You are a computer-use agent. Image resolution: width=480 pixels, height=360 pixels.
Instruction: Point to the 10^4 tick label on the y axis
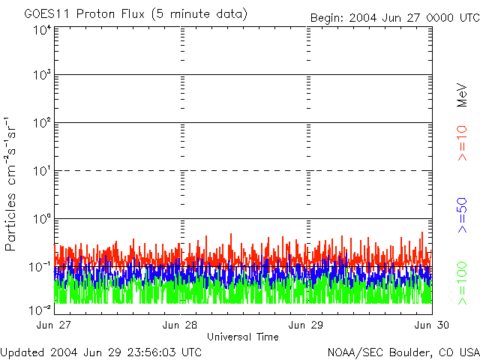41,29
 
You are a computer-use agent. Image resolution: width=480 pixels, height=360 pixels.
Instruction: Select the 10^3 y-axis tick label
41,76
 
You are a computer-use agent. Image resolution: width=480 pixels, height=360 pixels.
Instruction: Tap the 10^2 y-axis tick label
41,124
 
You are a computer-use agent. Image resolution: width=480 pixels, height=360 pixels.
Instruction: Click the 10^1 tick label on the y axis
41,172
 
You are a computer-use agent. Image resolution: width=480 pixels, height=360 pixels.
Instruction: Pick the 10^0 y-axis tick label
41,220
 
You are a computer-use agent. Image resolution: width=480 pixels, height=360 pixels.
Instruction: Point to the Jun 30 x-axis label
432,325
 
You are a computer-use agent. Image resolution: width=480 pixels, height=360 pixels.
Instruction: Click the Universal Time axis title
243,337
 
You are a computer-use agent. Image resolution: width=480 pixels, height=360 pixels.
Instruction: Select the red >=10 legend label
462,142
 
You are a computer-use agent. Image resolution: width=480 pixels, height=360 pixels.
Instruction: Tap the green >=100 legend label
462,282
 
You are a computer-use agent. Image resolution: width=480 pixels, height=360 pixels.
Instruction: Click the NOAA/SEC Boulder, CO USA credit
403,352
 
